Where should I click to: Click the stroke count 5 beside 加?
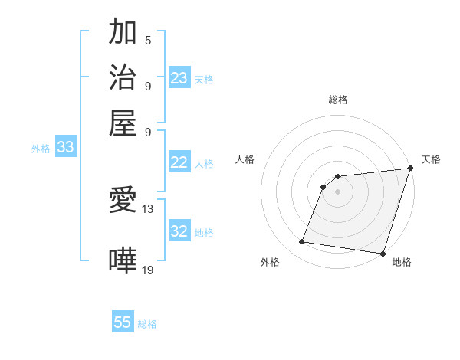coord(147,40)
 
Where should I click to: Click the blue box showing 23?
coord(179,77)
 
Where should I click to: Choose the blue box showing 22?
coord(179,162)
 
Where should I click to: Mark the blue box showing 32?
coord(179,231)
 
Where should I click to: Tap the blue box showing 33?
coord(65,147)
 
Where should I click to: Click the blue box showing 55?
coord(123,322)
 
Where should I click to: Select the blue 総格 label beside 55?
coord(147,324)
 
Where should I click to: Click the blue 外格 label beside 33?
coord(41,149)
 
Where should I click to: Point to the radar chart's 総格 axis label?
coord(338,100)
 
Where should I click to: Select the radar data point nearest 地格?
coord(383,254)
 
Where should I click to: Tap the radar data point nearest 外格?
coord(302,242)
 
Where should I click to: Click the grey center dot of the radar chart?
coord(338,191)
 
